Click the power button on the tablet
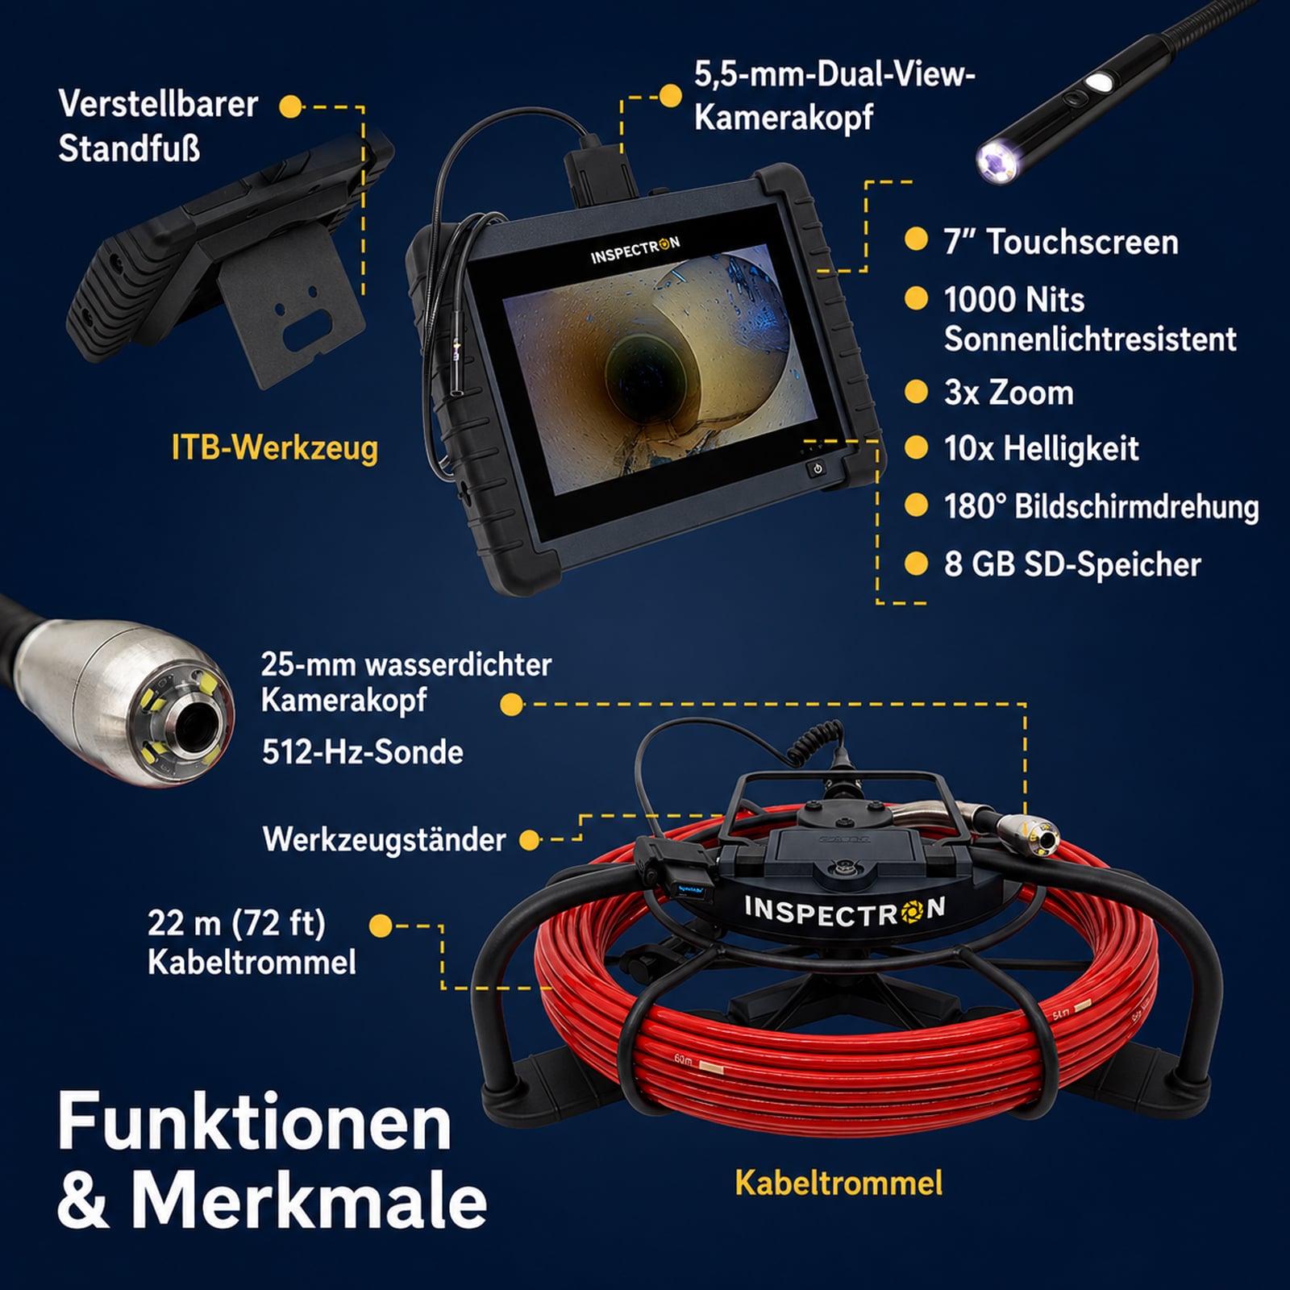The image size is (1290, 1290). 818,468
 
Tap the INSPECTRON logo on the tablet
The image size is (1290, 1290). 635,250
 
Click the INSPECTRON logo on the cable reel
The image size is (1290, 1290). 845,912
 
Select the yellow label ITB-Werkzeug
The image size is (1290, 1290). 275,448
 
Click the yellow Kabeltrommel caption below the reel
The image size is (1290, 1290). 838,1183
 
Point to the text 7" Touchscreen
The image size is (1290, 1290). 1061,242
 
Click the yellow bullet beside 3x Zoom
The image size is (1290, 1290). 916,392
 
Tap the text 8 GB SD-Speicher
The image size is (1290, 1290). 1072,564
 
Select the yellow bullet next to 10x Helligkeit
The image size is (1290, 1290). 916,447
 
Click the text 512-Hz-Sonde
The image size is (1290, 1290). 363,752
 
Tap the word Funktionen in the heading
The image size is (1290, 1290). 254,1121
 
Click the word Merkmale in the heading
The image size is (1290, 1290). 310,1201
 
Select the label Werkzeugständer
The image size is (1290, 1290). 385,840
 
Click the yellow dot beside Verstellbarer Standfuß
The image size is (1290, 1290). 290,106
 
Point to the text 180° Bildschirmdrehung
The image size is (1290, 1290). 1101,506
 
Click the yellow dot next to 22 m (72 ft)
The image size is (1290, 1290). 381,926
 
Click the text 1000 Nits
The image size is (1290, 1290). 1014,300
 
